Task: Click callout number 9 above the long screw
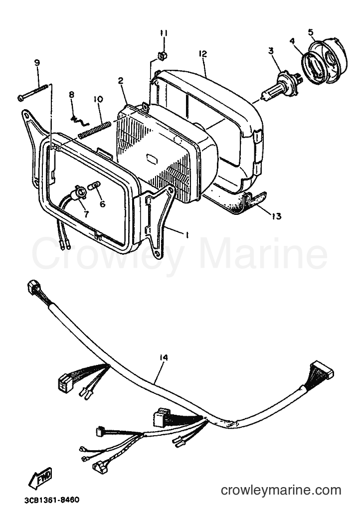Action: click(37, 62)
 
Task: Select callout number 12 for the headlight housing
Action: click(203, 54)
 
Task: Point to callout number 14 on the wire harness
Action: click(164, 357)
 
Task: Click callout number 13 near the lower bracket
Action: click(277, 216)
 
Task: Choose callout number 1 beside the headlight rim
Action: click(187, 235)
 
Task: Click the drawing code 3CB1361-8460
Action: click(52, 500)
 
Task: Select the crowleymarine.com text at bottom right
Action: click(281, 490)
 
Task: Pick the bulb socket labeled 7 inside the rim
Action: click(81, 191)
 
